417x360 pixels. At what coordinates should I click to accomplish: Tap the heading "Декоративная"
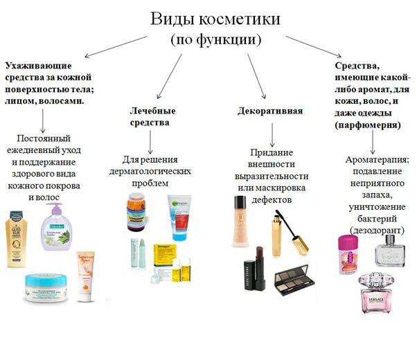[x=269, y=111]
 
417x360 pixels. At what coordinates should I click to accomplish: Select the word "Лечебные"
[x=152, y=110]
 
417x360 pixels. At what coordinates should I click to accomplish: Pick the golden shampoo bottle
[x=17, y=239]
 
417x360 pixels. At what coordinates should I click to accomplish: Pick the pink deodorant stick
[x=346, y=255]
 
